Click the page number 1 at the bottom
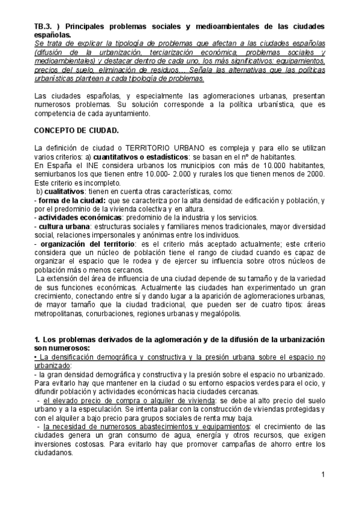click(x=323, y=476)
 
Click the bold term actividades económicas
click(x=77, y=217)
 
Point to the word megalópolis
click(x=224, y=313)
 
